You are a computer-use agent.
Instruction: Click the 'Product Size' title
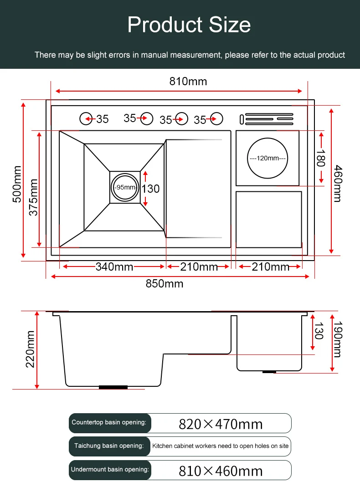(189, 25)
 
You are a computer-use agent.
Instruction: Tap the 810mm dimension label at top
(188, 82)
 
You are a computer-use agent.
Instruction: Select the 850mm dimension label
(165, 284)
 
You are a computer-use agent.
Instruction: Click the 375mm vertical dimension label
(33, 197)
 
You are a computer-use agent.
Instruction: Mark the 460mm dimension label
(337, 183)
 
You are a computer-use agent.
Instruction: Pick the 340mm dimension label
(114, 267)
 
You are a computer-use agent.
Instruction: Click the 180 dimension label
(320, 158)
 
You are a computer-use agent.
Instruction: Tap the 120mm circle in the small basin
(267, 158)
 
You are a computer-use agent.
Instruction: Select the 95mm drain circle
(125, 187)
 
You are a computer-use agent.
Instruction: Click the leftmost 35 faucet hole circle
(86, 118)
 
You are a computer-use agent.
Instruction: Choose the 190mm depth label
(337, 339)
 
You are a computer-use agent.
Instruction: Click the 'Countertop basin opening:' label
(109, 422)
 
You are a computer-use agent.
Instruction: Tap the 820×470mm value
(221, 424)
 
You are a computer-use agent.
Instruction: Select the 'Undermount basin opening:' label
(110, 469)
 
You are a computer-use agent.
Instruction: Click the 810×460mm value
(221, 471)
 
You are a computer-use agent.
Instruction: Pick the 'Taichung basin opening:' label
(109, 446)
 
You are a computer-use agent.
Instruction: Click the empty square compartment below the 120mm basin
(269, 220)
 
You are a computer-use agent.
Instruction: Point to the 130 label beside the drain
(150, 188)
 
